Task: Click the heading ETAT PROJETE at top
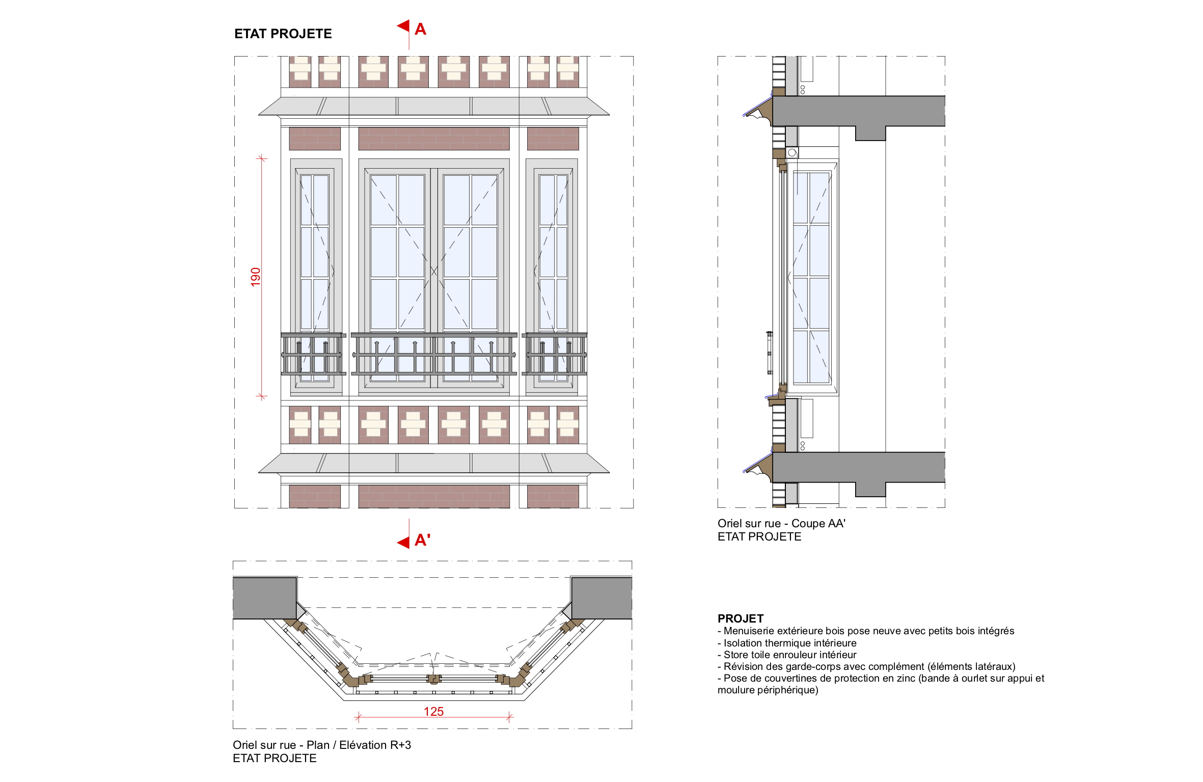click(x=283, y=34)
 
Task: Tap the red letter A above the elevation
click(x=420, y=29)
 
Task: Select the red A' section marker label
click(x=422, y=540)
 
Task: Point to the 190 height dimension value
click(x=256, y=277)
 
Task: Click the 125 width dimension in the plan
click(x=433, y=711)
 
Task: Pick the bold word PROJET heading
click(x=741, y=618)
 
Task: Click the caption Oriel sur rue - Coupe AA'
click(x=781, y=523)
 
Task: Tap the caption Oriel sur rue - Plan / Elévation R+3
click(x=322, y=745)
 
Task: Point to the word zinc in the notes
click(x=905, y=678)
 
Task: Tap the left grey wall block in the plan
click(x=265, y=598)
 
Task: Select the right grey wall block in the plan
click(x=601, y=598)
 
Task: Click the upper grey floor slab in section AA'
click(x=859, y=115)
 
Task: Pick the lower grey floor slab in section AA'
click(x=859, y=471)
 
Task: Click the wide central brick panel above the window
click(x=434, y=139)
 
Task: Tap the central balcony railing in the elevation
click(x=434, y=354)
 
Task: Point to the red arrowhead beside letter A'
click(x=403, y=542)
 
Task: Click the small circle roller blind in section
click(x=792, y=152)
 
